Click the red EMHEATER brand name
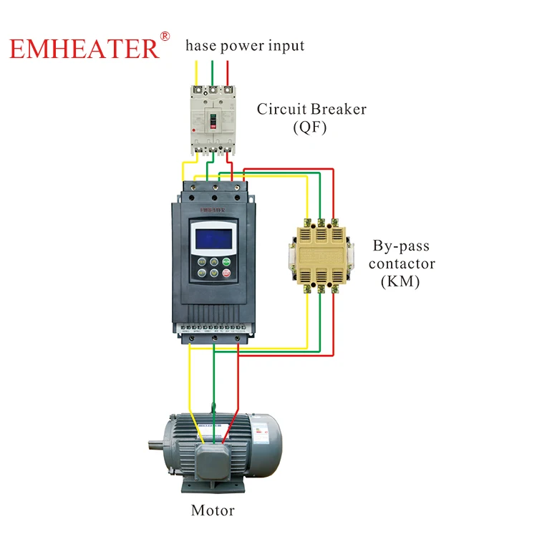[x=84, y=48]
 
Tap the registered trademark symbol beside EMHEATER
[x=165, y=35]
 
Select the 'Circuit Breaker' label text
[x=311, y=110]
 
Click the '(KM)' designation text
[x=399, y=281]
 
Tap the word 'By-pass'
[x=401, y=246]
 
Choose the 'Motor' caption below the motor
[x=213, y=511]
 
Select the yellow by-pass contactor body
[x=321, y=254]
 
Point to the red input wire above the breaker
[x=228, y=74]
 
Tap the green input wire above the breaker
[x=212, y=74]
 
